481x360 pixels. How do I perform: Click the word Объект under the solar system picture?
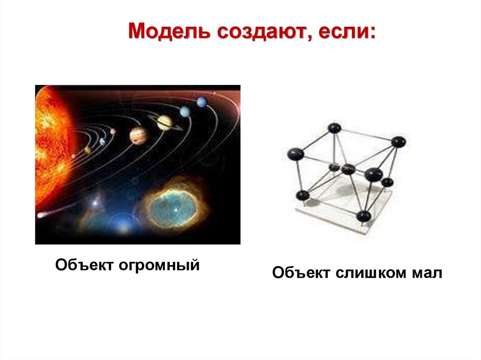pos(84,265)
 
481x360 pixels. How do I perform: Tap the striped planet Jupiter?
pos(139,136)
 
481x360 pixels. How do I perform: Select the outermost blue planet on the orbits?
pos(202,101)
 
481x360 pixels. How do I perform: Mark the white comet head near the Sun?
pos(40,214)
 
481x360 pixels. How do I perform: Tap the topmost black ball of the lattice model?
pos(334,128)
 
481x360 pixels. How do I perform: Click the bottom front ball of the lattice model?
pos(363,216)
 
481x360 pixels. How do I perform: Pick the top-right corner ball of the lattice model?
pos(398,141)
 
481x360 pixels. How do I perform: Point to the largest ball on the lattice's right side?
pos(374,175)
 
